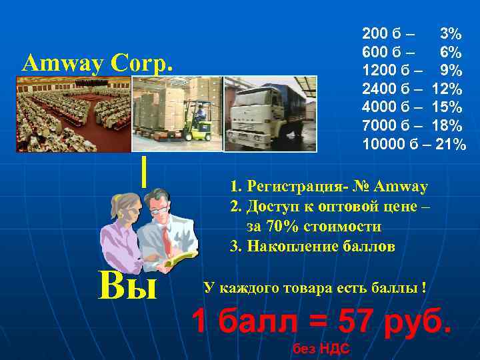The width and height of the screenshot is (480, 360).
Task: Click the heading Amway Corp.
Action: point(97,63)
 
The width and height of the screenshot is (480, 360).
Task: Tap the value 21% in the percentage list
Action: point(451,144)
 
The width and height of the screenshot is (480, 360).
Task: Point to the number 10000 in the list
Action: point(383,144)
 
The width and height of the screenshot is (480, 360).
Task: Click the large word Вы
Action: point(126,287)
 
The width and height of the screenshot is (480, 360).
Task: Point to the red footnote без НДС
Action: point(321,350)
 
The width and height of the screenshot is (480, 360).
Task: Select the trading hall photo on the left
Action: point(73,114)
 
